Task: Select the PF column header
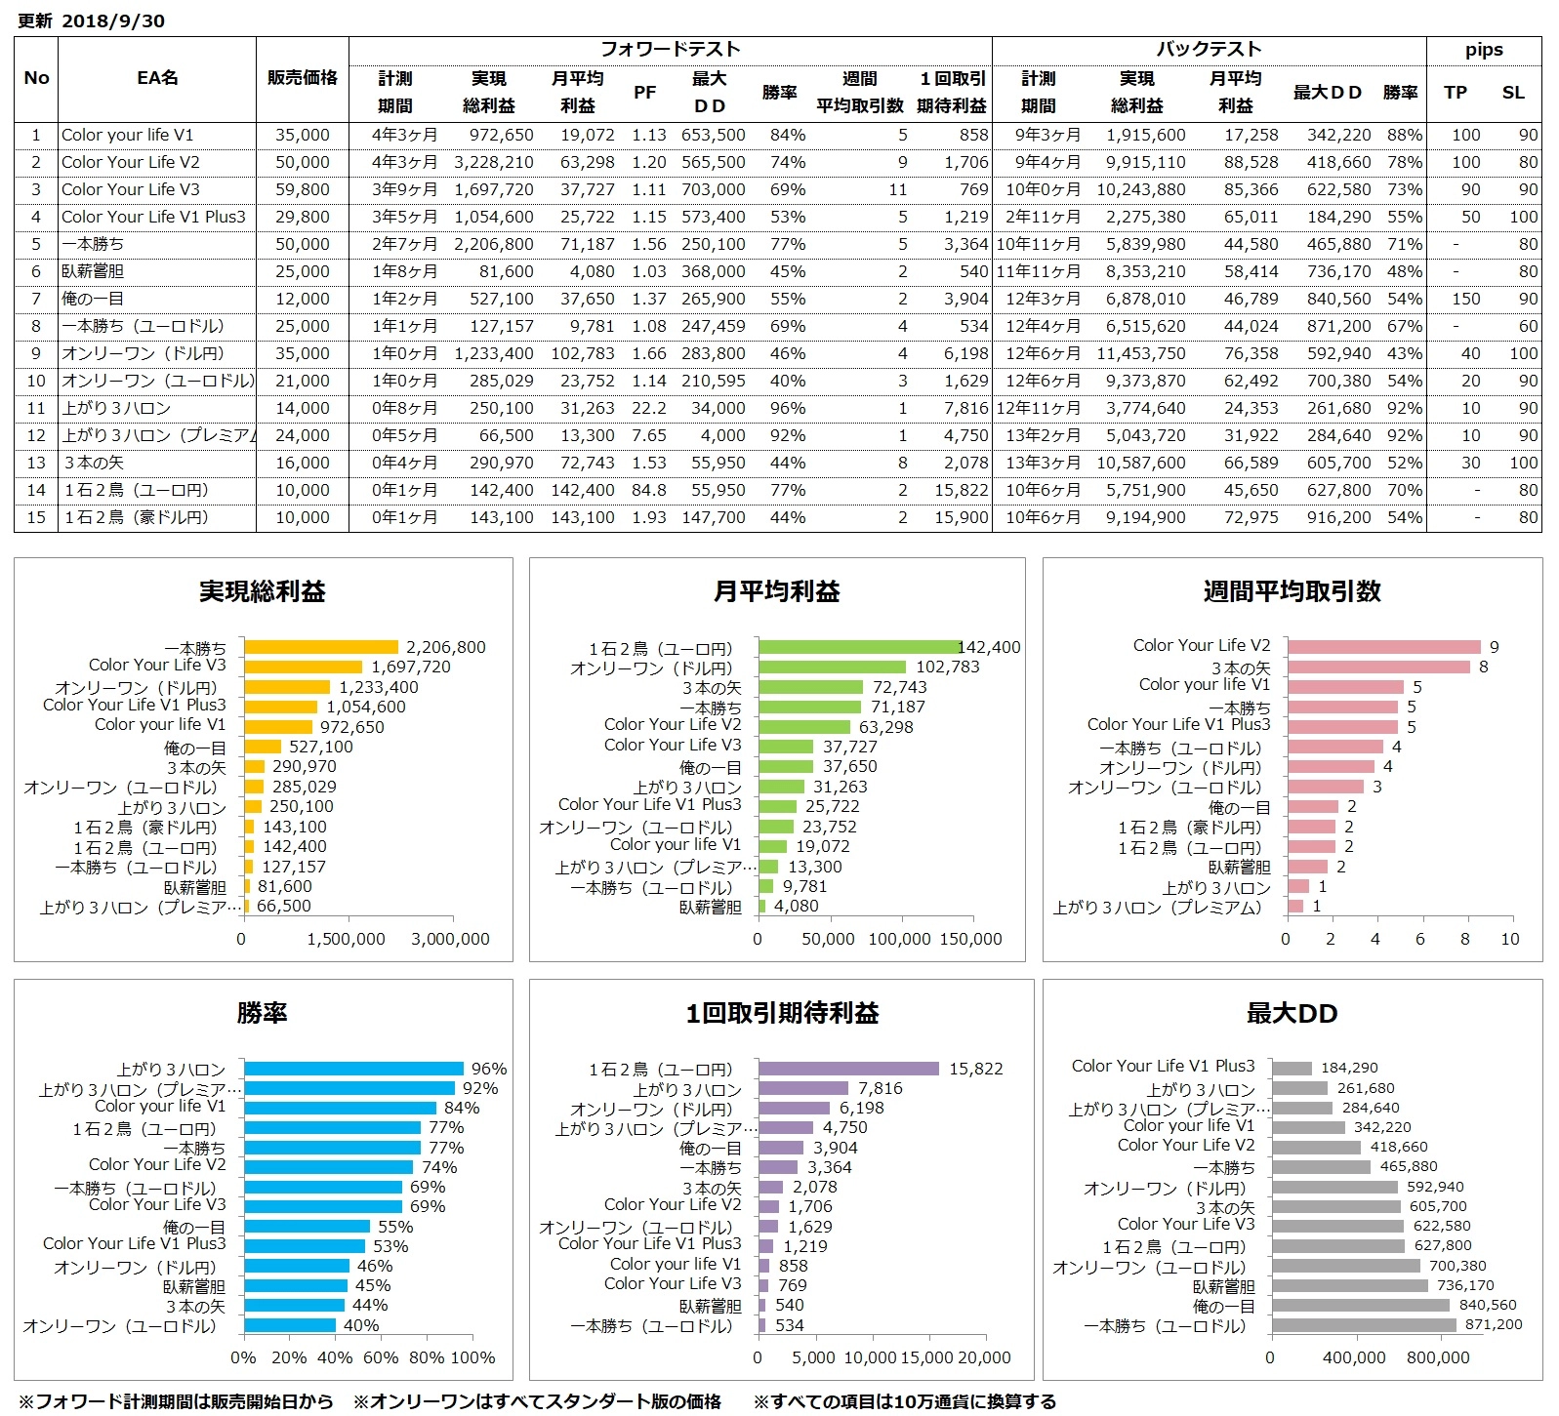pos(644,93)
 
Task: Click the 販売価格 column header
pos(303,78)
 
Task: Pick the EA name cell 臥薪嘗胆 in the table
pos(93,271)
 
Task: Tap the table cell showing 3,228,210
pos(494,162)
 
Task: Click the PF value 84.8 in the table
pos(649,490)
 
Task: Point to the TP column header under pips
pos(1456,93)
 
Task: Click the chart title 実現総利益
pos(263,591)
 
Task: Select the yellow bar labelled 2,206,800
pos(321,647)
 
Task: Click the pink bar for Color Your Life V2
pos(1383,647)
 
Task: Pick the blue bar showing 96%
pos(353,1070)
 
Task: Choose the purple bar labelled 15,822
pos(848,1070)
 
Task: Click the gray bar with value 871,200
pos(1364,1325)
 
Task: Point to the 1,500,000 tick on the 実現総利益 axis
pos(346,939)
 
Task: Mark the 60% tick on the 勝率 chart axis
pos(380,1357)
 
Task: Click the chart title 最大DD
pos(1292,1014)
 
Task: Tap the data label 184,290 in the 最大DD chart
pos(1349,1069)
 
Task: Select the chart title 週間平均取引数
pos(1292,591)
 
